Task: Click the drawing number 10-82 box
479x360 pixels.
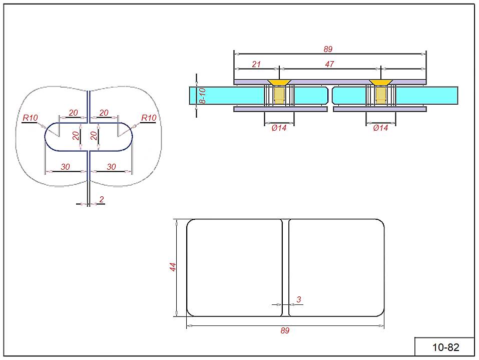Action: point(445,347)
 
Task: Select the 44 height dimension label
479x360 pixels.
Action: point(173,267)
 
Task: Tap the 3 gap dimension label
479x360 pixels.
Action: point(299,299)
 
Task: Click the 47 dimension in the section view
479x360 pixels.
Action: point(329,64)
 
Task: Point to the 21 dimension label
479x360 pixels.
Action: point(256,64)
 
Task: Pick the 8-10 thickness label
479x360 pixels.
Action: point(203,95)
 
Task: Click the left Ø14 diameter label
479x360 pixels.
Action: point(279,128)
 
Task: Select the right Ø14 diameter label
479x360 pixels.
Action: point(381,128)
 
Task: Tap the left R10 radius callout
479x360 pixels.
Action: point(30,118)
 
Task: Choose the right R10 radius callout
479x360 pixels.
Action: point(149,118)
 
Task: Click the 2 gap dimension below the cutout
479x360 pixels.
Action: point(102,199)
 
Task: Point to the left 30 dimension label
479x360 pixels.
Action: point(65,167)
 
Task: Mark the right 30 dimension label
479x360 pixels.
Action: point(111,167)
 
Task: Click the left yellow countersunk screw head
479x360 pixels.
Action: point(279,82)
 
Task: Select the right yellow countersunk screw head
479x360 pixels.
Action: point(381,82)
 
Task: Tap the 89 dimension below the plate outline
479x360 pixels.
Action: point(285,330)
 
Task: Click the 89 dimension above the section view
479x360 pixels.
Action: point(328,49)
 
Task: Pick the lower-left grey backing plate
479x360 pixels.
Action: point(280,109)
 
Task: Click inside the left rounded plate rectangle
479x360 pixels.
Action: point(234,267)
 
